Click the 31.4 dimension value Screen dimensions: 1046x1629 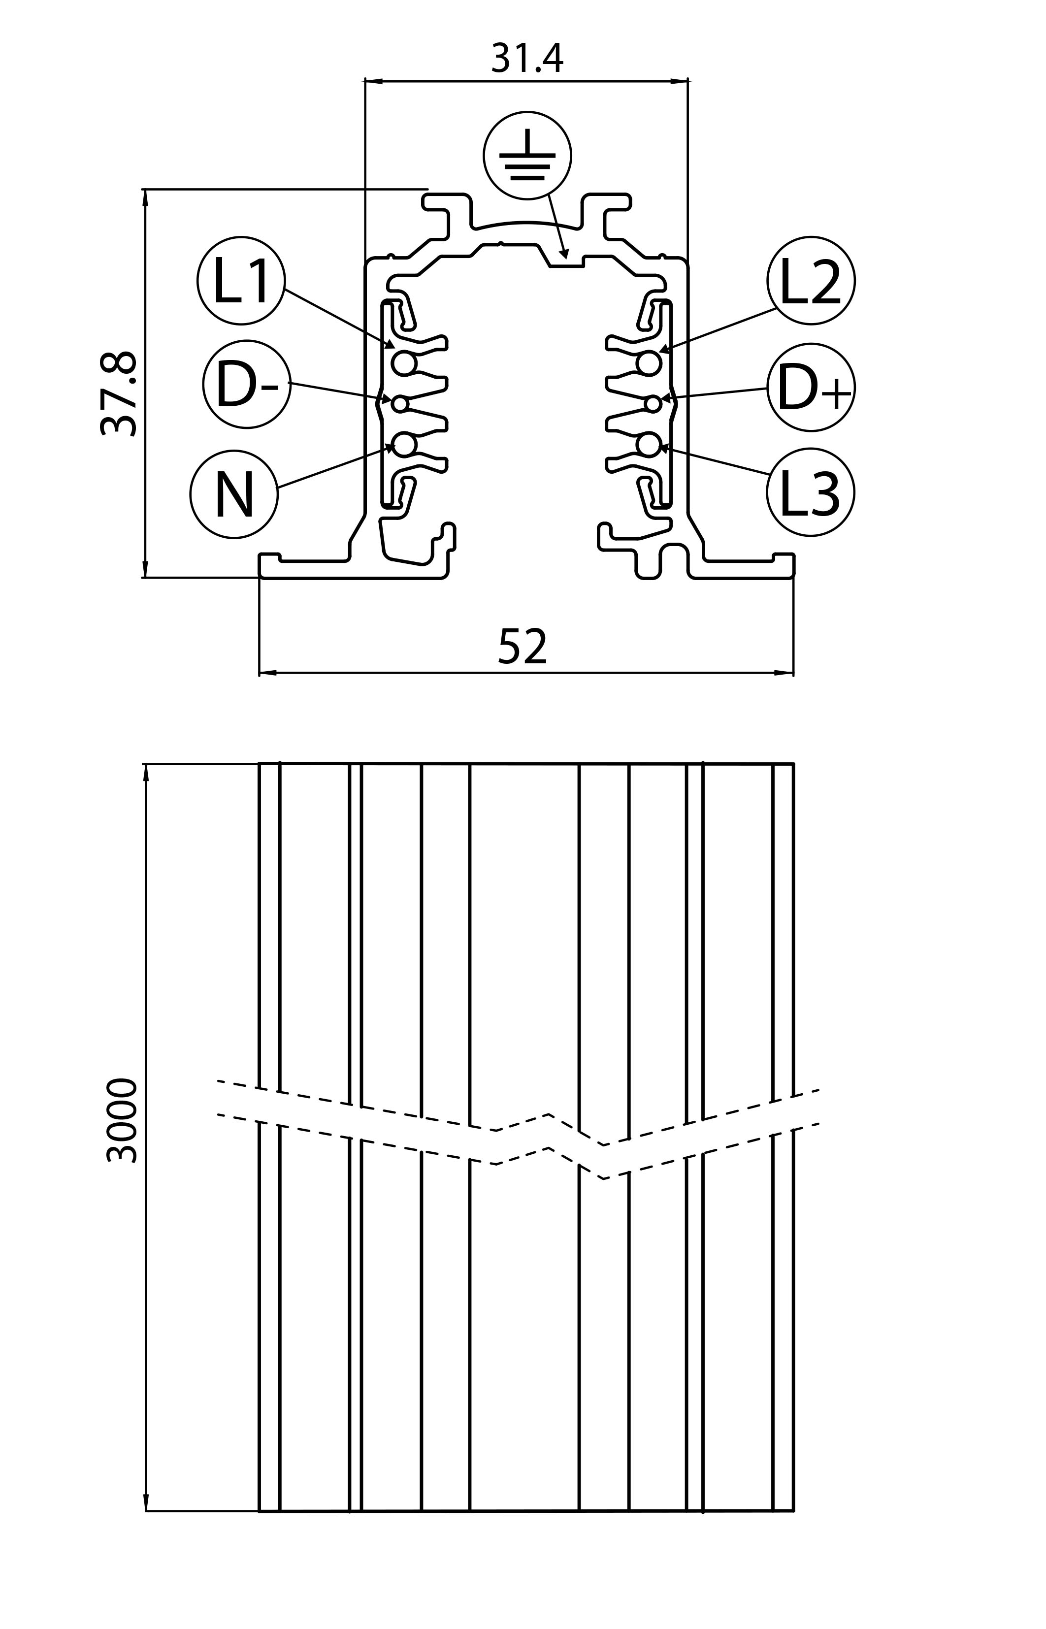pos(527,59)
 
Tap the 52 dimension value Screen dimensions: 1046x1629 pos(523,647)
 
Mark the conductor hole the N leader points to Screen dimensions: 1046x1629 pos(404,445)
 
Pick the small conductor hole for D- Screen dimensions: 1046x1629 pos(400,404)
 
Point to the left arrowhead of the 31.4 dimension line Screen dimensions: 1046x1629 pos(366,81)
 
